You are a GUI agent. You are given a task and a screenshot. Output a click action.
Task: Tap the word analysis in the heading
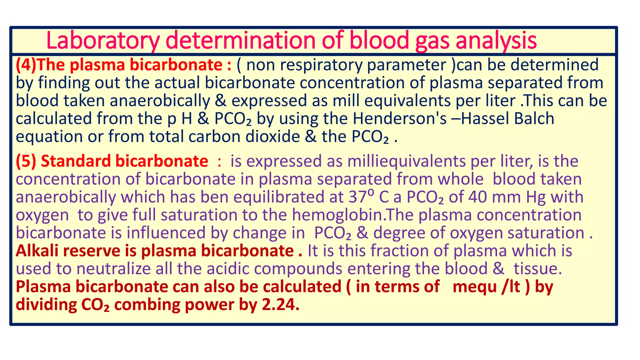pyautogui.click(x=496, y=41)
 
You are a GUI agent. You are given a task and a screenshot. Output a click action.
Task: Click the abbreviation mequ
pyautogui.click(x=474, y=287)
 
